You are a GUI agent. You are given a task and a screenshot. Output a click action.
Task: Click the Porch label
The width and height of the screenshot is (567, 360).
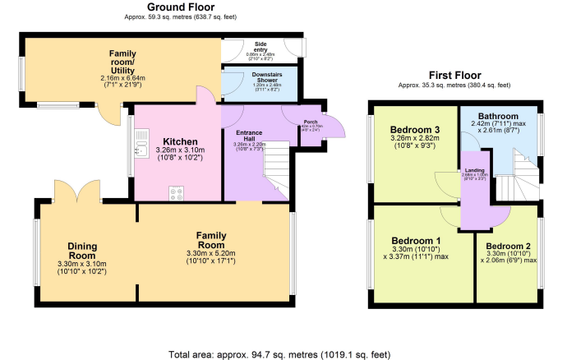pyautogui.click(x=311, y=122)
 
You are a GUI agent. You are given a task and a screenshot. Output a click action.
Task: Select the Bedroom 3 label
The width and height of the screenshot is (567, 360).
pyautogui.click(x=414, y=130)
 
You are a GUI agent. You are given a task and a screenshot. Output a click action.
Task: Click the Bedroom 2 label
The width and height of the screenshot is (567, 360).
pyautogui.click(x=509, y=246)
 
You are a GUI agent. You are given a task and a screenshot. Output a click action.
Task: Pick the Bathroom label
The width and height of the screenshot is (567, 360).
pyautogui.click(x=500, y=117)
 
